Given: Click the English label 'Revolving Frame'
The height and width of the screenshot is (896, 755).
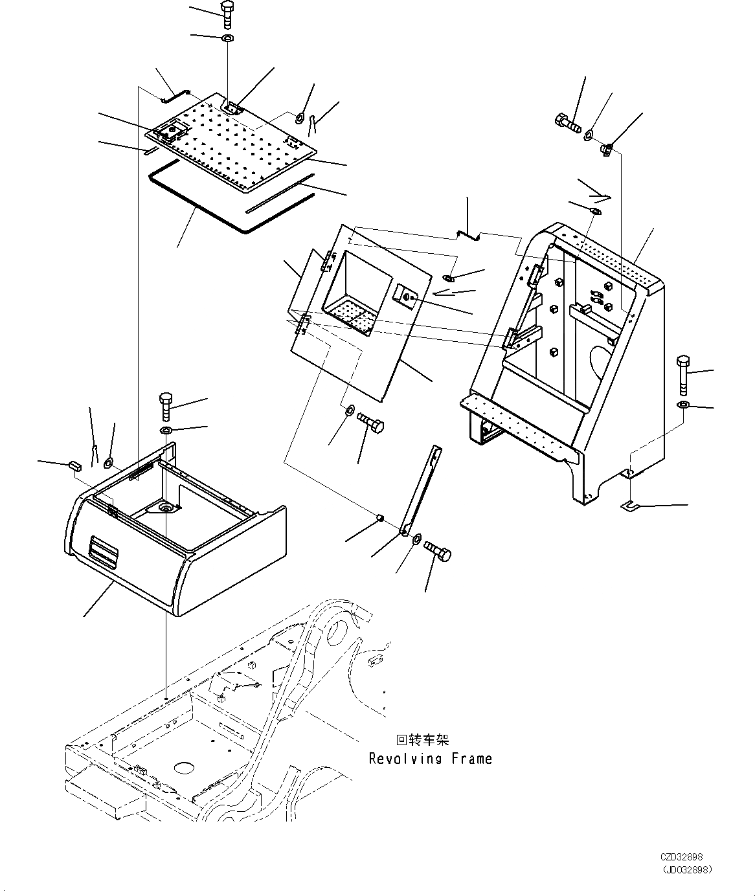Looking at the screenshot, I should (430, 759).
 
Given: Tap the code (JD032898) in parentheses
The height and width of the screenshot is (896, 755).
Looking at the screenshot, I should (686, 869).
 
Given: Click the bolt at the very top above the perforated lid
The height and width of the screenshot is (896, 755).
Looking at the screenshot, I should (227, 14).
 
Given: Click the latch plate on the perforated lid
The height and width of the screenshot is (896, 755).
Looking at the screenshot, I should (170, 131).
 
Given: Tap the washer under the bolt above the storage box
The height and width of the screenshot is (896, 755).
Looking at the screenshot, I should (166, 431).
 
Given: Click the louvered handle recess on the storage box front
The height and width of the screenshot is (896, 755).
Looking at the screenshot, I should (104, 549).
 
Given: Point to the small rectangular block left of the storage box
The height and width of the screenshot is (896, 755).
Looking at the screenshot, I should (74, 464).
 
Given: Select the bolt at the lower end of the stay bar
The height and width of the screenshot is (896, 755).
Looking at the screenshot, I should (439, 552).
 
